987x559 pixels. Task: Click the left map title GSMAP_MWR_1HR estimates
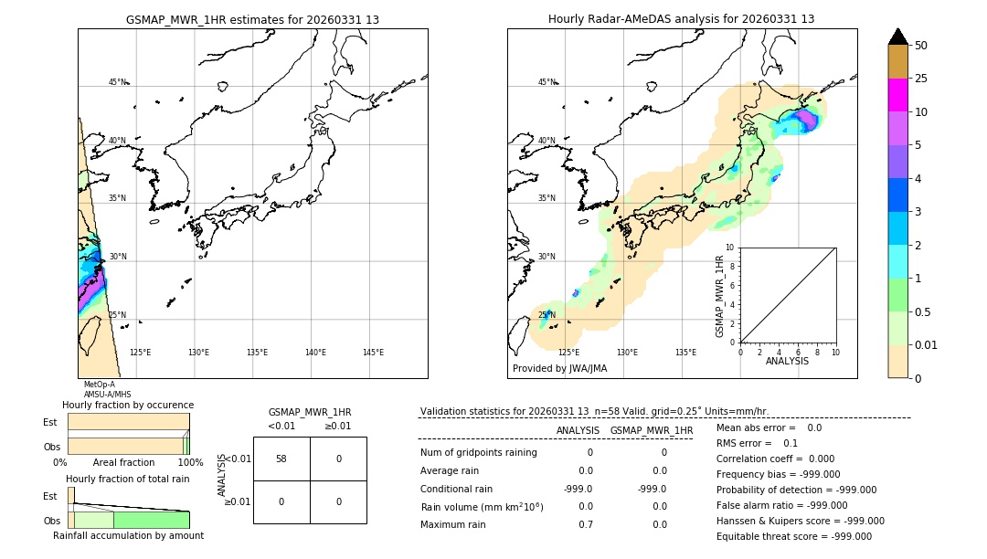[x=252, y=19]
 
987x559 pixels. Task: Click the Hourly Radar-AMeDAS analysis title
[x=681, y=19]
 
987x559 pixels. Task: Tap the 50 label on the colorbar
[x=921, y=46]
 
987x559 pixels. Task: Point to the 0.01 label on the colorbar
[x=927, y=345]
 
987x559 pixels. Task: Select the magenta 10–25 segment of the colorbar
[x=897, y=95]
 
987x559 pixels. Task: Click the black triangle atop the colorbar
[x=897, y=37]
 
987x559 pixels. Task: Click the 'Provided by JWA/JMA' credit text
[x=559, y=369]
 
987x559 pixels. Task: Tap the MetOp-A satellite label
[x=100, y=385]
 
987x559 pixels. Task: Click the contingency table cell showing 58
[x=281, y=459]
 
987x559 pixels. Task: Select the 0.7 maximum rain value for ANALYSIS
[x=585, y=525]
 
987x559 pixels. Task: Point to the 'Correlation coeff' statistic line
[x=770, y=459]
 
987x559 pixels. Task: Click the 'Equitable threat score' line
[x=793, y=536]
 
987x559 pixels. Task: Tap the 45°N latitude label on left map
[x=117, y=82]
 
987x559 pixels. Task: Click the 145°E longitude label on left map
[x=373, y=353]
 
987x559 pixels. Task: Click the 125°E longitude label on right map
[x=568, y=353]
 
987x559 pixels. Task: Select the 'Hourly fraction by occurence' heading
[x=128, y=405]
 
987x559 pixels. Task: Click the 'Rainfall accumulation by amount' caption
[x=129, y=535]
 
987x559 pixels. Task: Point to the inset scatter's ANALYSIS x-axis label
[x=787, y=361]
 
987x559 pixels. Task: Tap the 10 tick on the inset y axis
[x=729, y=248]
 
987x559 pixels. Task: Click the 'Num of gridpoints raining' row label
[x=478, y=453]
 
